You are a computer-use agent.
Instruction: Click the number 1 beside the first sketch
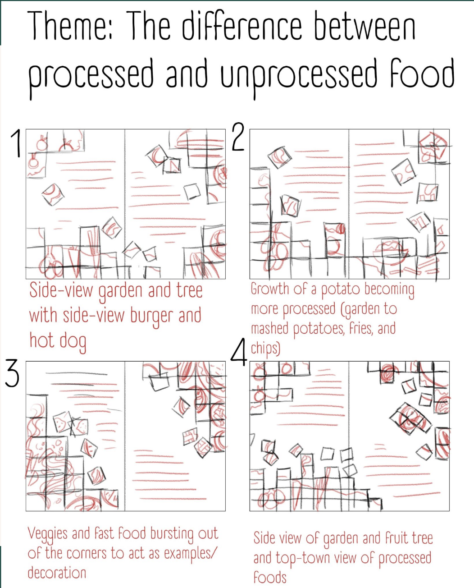(16, 143)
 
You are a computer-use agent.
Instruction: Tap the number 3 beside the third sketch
(12, 373)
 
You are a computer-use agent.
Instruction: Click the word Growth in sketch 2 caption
(269, 289)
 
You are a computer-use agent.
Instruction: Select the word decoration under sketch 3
(57, 572)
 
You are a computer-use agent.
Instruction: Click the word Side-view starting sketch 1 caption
(61, 290)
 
